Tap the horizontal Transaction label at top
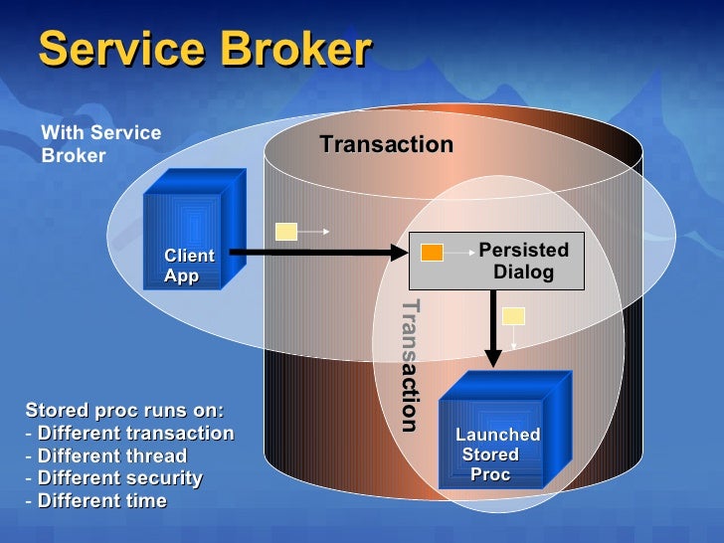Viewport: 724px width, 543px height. [386, 145]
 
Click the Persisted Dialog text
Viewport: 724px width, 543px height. [523, 261]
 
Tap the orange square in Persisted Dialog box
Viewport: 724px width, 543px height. [432, 252]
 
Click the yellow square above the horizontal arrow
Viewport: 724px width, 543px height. [286, 233]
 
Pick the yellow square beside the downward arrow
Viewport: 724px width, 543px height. [513, 317]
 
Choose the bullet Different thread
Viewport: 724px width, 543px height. [111, 456]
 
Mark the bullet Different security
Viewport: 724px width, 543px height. [119, 478]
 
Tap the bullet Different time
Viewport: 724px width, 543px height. [101, 501]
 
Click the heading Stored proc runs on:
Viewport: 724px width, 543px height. [124, 411]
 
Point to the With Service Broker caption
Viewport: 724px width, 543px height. [99, 144]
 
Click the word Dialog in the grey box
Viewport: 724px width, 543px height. [523, 271]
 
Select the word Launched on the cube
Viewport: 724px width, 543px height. [497, 435]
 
